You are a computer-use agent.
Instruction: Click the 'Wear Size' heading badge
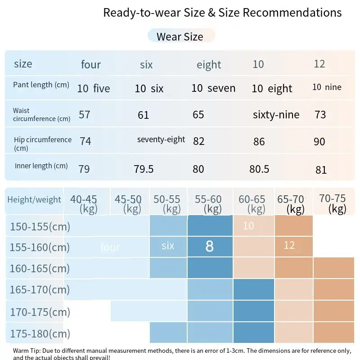(x=180, y=36)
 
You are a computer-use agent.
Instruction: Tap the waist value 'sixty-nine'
(x=276, y=115)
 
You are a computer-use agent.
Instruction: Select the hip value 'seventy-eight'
(x=161, y=139)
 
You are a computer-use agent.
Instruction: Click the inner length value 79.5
(x=144, y=169)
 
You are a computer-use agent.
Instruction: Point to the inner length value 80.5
(x=259, y=169)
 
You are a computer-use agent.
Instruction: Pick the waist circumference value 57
(x=85, y=114)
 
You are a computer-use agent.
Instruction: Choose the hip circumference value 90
(x=319, y=142)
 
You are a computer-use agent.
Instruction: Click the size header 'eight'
(x=209, y=65)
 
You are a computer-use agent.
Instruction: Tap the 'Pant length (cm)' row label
(x=41, y=85)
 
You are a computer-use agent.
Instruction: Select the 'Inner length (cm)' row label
(x=41, y=166)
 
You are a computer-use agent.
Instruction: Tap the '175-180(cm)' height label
(x=40, y=334)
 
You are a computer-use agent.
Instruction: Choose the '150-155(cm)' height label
(x=40, y=226)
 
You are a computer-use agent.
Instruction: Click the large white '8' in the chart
(x=209, y=246)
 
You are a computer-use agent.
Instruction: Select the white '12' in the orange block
(x=289, y=245)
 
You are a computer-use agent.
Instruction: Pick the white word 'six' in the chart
(x=168, y=245)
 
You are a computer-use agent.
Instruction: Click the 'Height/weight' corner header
(x=34, y=199)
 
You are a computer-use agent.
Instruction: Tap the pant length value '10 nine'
(x=327, y=87)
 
